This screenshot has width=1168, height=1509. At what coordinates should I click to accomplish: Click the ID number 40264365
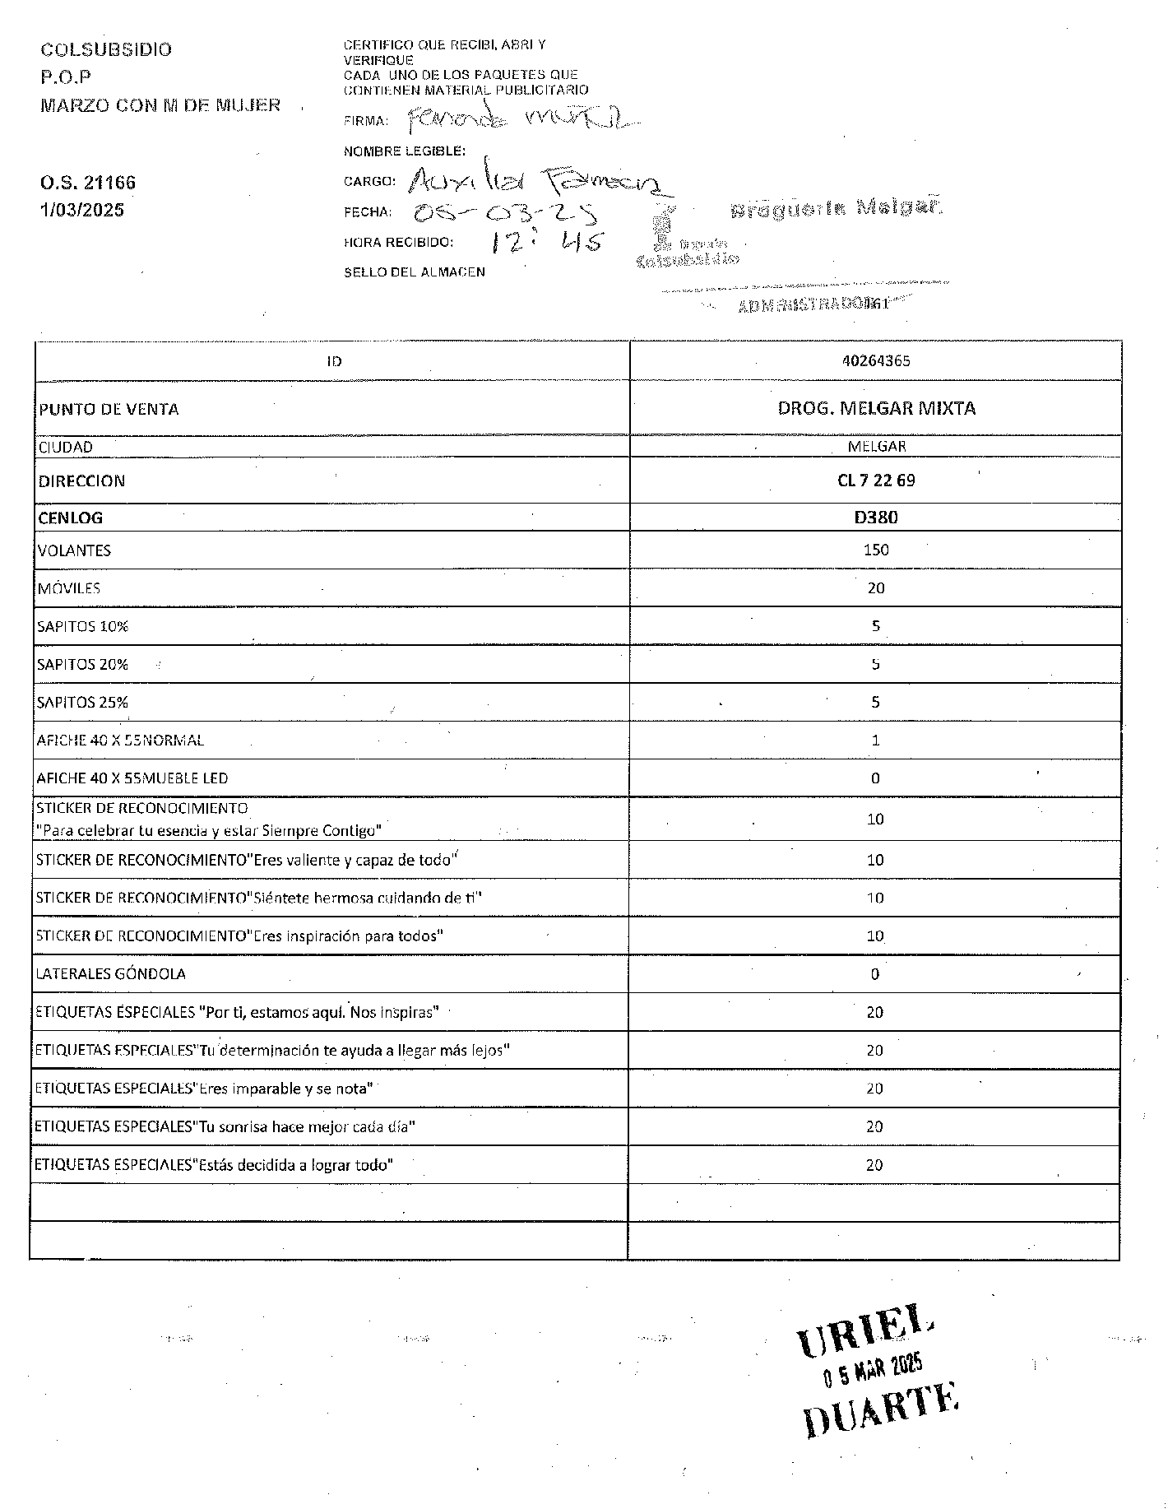(x=876, y=361)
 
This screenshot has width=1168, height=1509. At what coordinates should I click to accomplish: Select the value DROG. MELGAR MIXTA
(x=876, y=408)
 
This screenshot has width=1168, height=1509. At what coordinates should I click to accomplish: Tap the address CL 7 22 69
(x=876, y=481)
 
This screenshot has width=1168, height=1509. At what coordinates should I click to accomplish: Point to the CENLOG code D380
(x=876, y=518)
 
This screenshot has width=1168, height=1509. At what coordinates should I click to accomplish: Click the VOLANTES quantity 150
(x=876, y=550)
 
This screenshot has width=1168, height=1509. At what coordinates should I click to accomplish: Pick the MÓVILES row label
(x=69, y=588)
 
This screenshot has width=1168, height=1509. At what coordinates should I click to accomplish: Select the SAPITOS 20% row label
(x=82, y=665)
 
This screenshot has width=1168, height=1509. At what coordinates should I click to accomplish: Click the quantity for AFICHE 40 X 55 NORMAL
(x=875, y=741)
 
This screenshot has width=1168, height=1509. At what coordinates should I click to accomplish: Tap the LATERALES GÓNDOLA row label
(x=111, y=974)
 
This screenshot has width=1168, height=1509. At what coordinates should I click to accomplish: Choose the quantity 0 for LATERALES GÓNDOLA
(x=874, y=974)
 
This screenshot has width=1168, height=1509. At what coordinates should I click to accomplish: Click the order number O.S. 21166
(x=88, y=183)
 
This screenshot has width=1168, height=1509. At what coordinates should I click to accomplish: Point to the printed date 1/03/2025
(x=82, y=210)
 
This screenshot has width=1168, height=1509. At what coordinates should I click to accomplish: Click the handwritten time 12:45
(x=546, y=242)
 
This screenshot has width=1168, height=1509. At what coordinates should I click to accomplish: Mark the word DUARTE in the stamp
(x=880, y=1409)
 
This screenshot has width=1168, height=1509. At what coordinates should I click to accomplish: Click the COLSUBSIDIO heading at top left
(x=106, y=49)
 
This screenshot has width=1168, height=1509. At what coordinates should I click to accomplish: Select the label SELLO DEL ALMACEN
(x=415, y=272)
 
